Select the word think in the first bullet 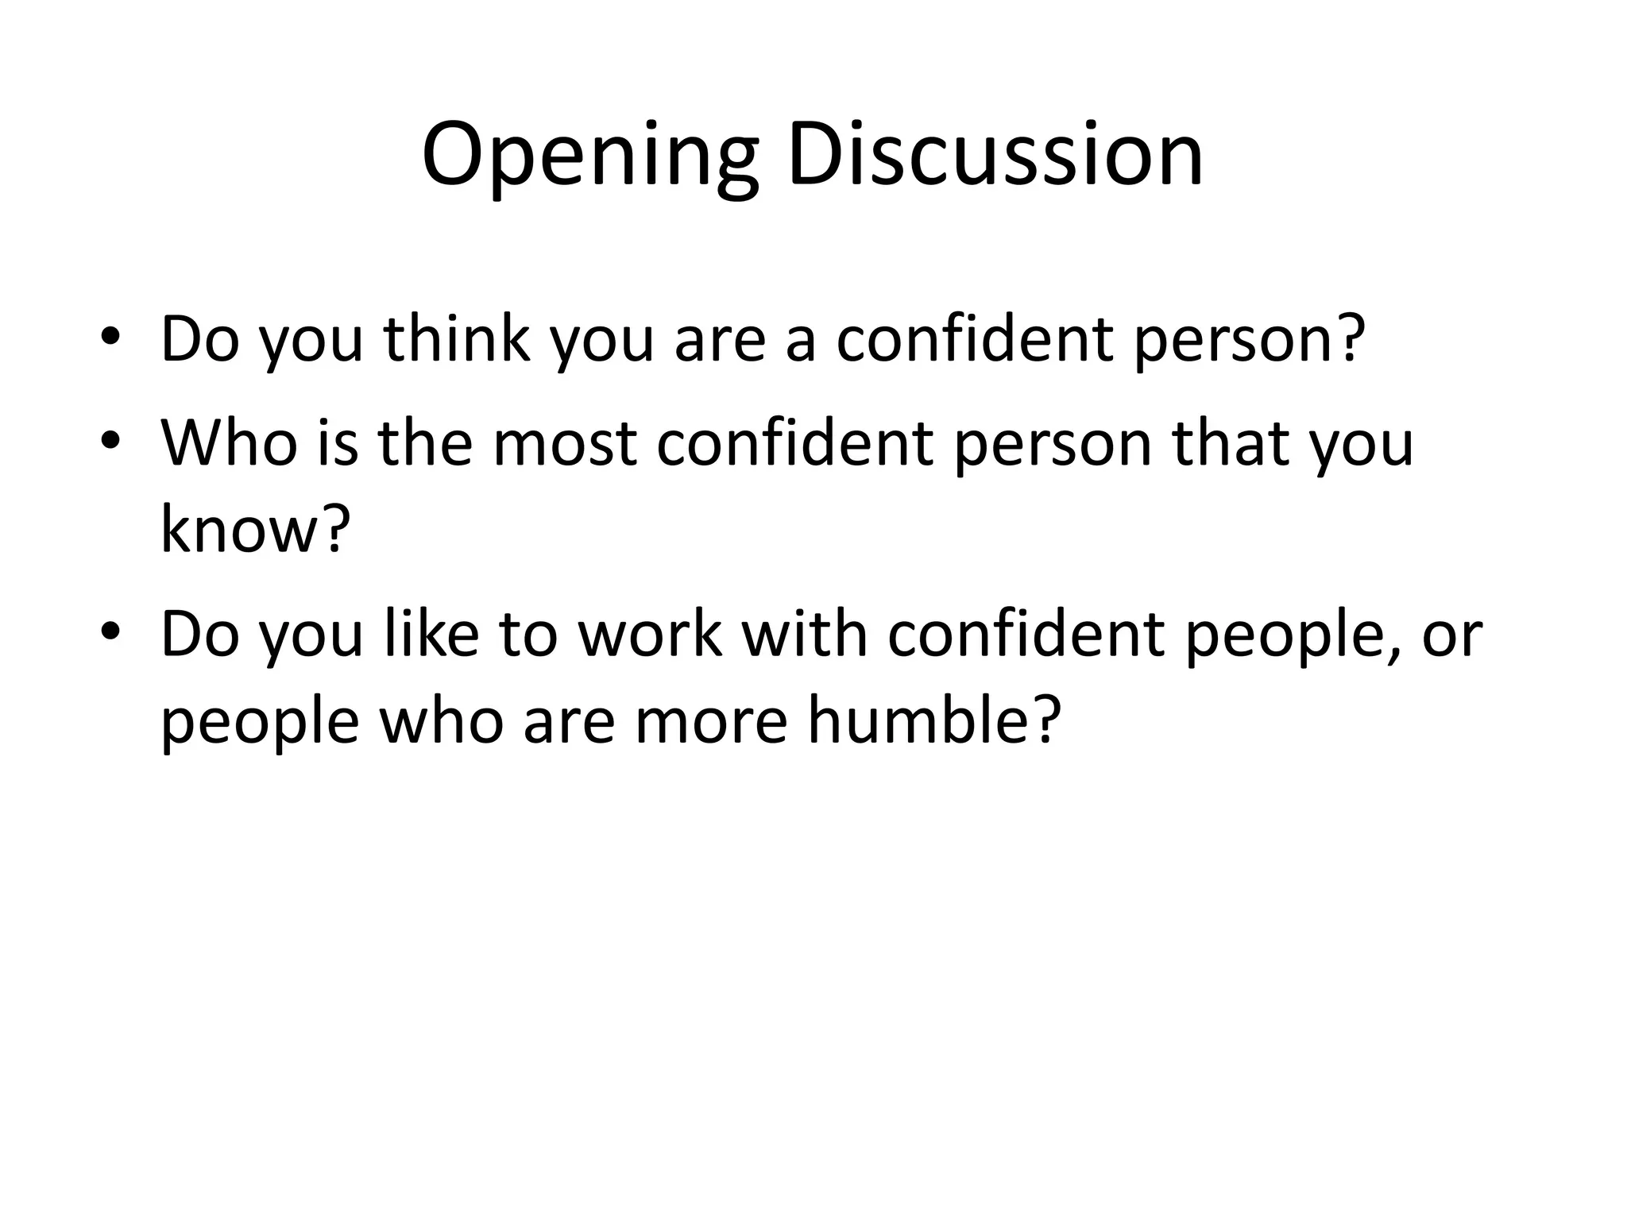click(x=457, y=339)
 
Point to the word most click(x=564, y=444)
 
